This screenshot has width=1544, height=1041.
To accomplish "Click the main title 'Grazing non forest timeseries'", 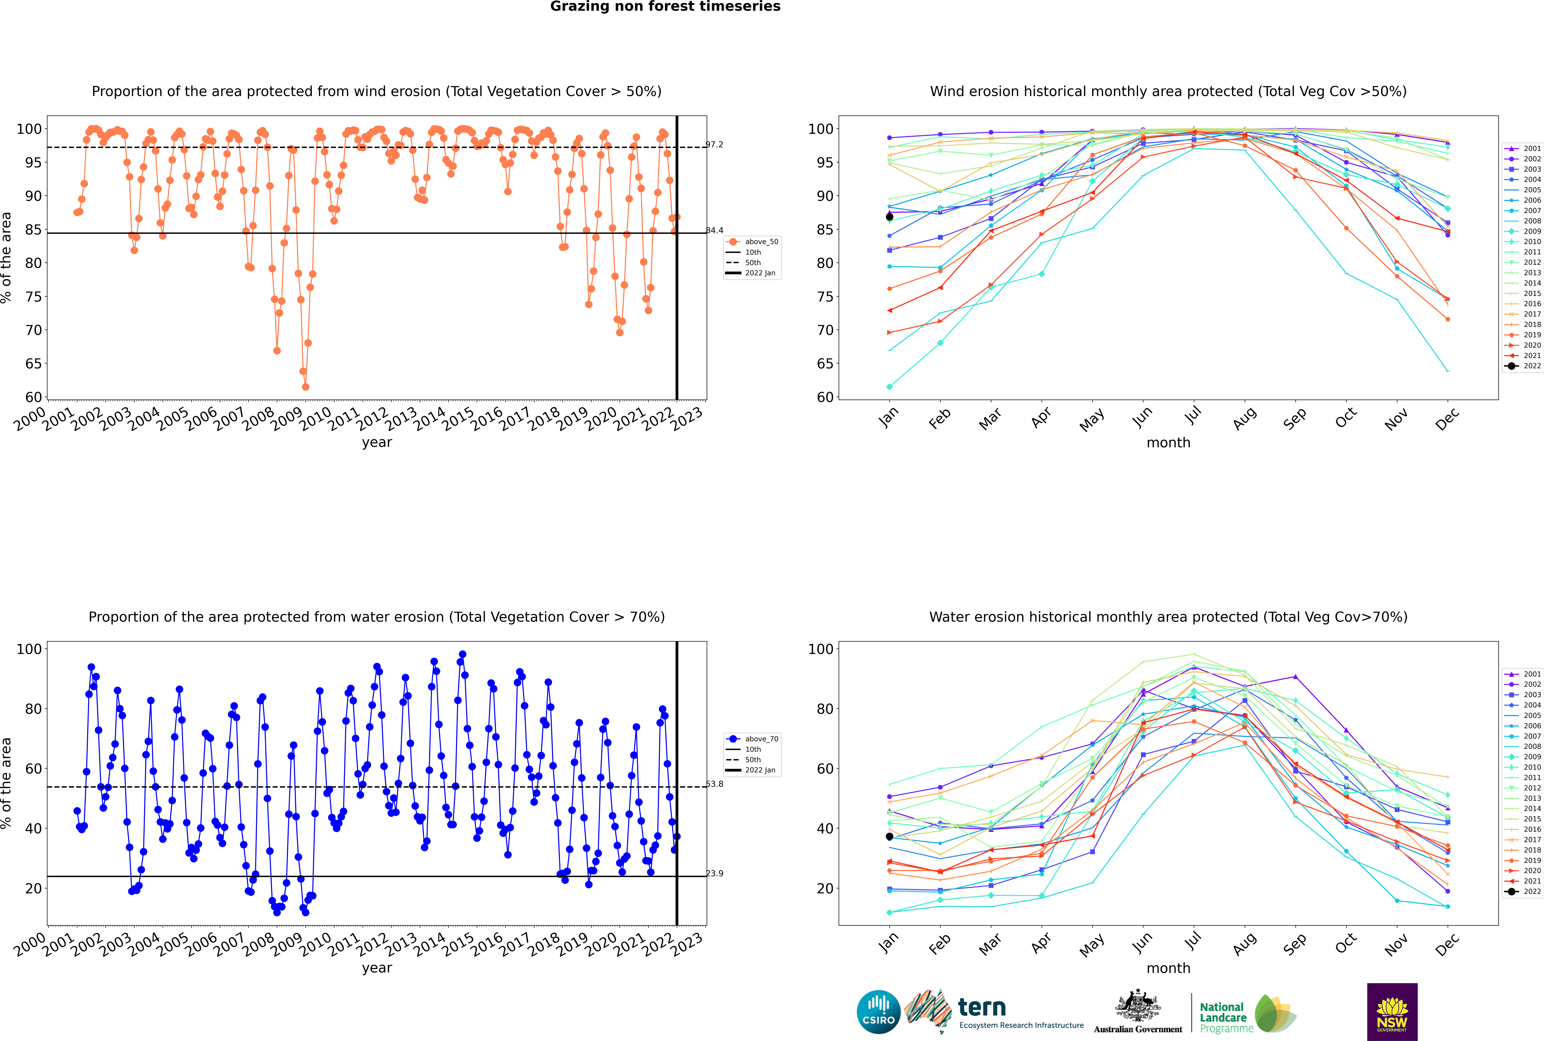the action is (x=665, y=7).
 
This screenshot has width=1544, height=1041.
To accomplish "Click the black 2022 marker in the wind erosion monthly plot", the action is (x=890, y=217).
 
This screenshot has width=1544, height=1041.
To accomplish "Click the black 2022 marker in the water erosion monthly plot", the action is (x=890, y=837).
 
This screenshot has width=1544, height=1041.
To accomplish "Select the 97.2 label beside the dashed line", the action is (x=714, y=144).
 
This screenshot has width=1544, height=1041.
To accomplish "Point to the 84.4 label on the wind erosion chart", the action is (x=714, y=230).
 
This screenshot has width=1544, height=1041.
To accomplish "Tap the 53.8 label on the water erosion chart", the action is (x=714, y=784).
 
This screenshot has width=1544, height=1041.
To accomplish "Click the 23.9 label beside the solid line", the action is (x=714, y=873).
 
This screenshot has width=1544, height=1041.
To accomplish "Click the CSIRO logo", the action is (x=878, y=1012).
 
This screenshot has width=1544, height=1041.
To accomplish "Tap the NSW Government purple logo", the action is (x=1392, y=1011).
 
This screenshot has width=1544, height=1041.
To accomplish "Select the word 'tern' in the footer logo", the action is (x=982, y=1008).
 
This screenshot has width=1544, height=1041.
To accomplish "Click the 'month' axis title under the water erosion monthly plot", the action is (x=1168, y=968).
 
